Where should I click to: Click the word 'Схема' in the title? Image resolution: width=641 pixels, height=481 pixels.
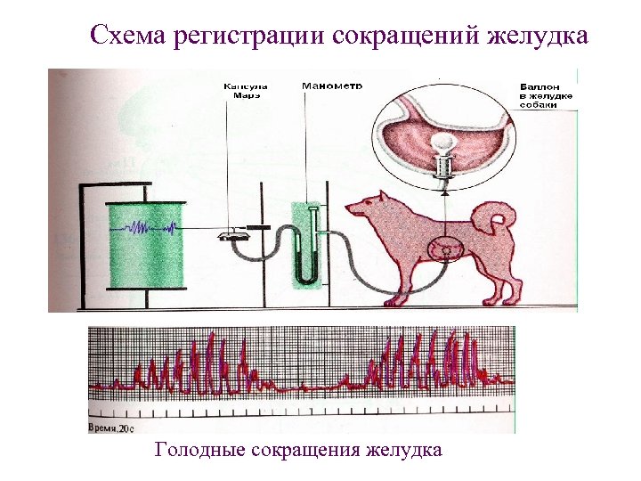click(x=124, y=37)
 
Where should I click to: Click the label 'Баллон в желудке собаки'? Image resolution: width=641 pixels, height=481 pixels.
click(x=545, y=96)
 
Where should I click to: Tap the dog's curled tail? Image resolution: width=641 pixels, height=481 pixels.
click(x=494, y=217)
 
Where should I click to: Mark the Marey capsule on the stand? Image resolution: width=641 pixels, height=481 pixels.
click(x=233, y=233)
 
